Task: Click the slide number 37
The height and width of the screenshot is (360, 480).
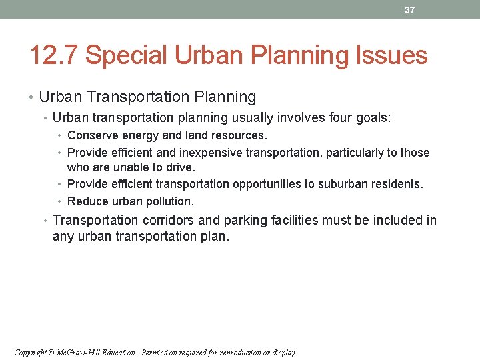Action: click(x=409, y=10)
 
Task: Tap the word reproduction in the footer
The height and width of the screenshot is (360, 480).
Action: click(x=243, y=352)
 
